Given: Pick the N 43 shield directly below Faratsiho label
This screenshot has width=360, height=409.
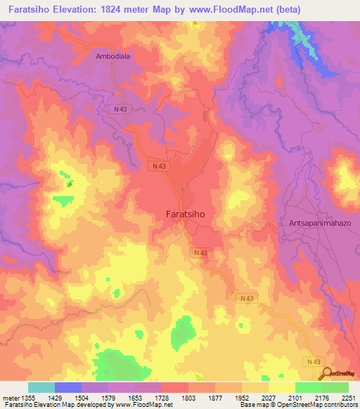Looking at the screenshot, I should (200, 252).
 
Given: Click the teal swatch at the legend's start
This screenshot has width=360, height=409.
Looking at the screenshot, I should (41, 387).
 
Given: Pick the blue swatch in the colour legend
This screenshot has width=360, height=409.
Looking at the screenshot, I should (68, 387).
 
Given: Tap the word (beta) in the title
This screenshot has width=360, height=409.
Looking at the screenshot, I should (297, 9).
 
